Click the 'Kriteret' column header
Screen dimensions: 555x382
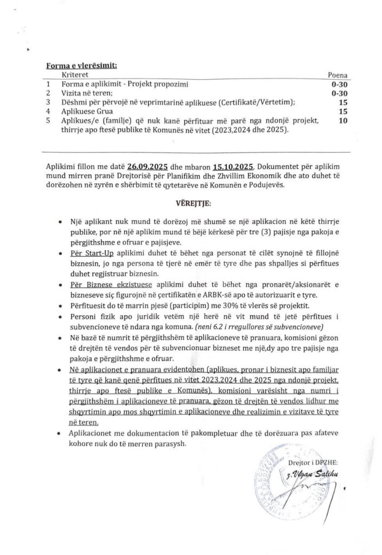pyautogui.click(x=75, y=74)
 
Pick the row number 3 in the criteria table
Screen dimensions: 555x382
pyautogui.click(x=48, y=102)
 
